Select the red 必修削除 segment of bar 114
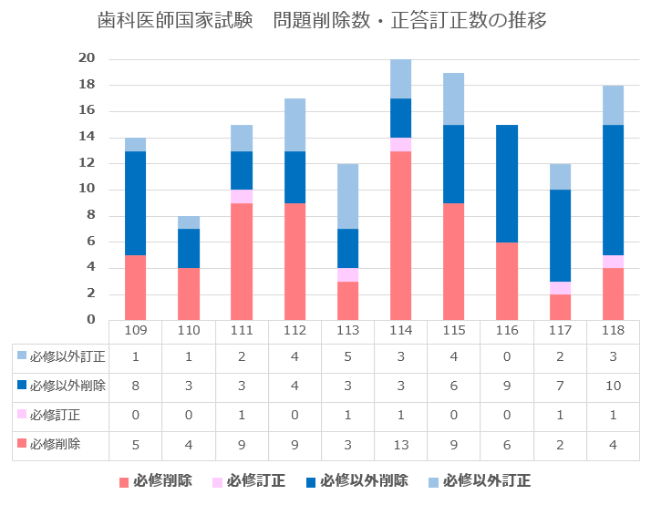point(400,235)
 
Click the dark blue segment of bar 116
point(506,183)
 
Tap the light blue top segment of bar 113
point(347,196)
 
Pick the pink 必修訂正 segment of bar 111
point(242,196)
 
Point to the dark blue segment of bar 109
point(135,203)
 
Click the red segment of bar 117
point(559,306)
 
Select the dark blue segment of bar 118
point(612,190)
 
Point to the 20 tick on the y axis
point(88,59)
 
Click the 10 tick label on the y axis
point(88,190)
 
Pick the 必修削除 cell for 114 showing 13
point(400,445)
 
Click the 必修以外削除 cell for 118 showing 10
point(612,386)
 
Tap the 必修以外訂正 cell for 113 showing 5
point(347,357)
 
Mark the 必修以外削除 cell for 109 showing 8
point(135,386)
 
